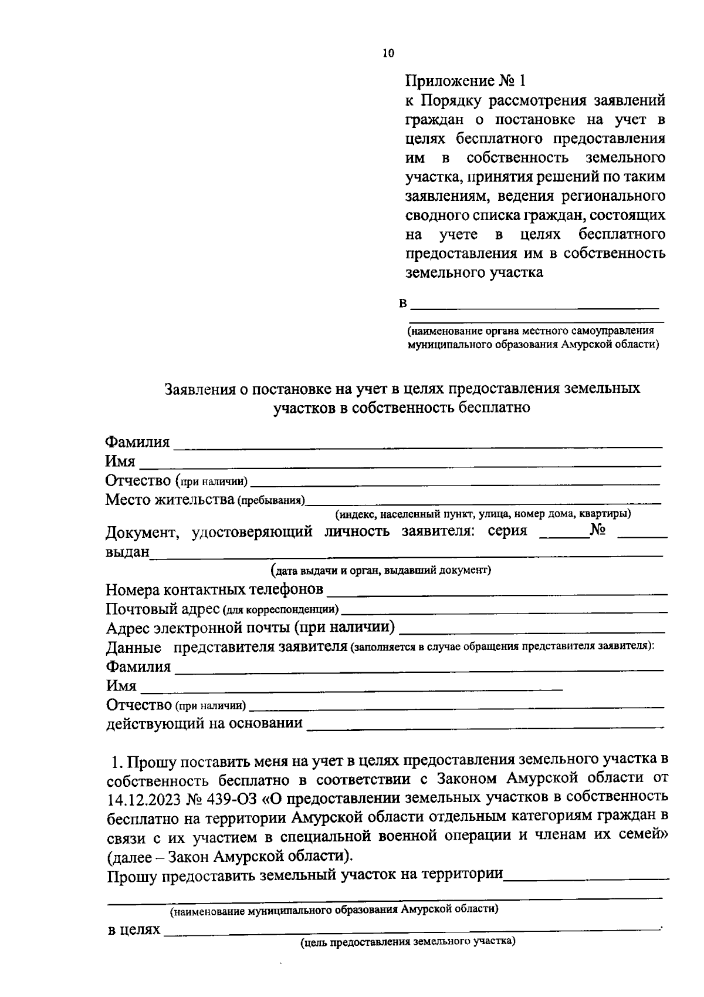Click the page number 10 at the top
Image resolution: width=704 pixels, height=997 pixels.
click(388, 53)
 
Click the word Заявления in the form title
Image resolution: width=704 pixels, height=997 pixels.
click(200, 389)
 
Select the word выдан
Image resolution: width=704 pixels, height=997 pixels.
click(127, 553)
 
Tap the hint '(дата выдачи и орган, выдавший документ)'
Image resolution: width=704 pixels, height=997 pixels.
click(381, 570)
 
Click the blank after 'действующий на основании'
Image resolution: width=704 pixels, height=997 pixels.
click(486, 724)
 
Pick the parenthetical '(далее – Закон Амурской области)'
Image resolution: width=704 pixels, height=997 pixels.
click(230, 855)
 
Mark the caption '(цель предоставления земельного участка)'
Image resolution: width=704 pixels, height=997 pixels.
click(408, 942)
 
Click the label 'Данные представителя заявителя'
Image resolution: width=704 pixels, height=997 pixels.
click(226, 648)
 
